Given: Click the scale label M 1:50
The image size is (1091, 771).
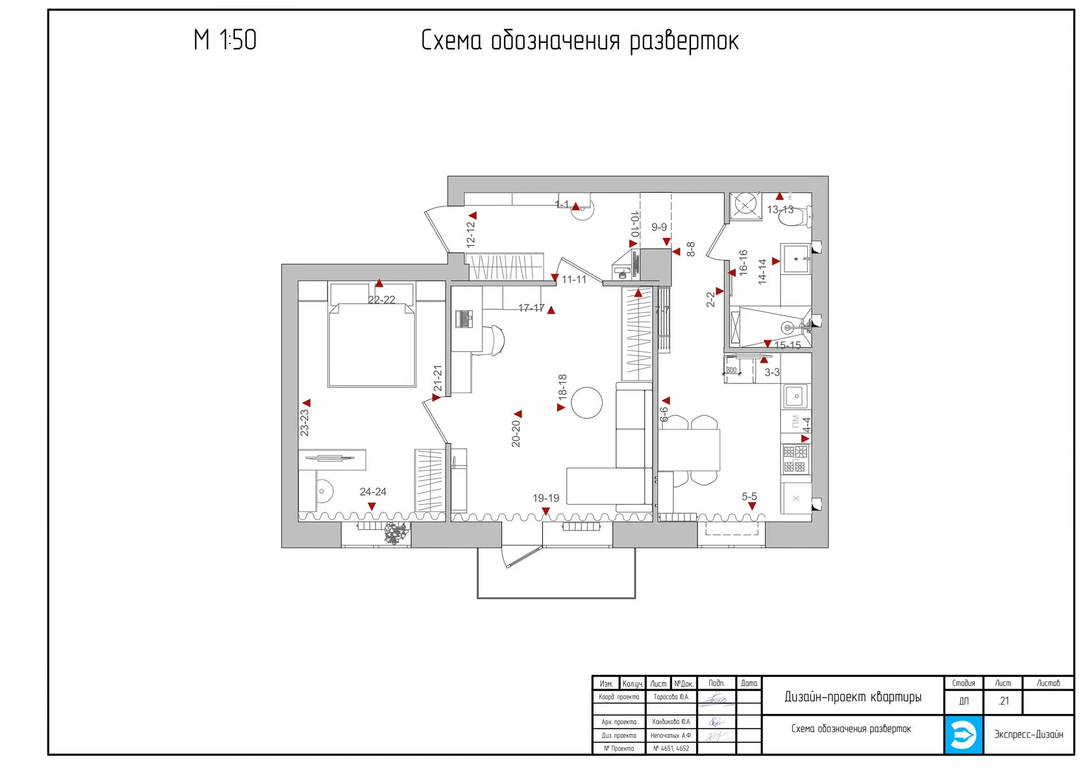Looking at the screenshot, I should click(x=225, y=40).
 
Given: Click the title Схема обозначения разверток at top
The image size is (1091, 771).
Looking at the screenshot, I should click(x=579, y=41).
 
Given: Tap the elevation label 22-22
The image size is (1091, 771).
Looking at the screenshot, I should click(x=381, y=300).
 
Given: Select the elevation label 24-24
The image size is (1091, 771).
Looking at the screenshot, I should click(x=373, y=492).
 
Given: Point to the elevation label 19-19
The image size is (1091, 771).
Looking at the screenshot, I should click(x=545, y=498).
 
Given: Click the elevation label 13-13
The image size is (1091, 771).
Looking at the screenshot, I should click(x=780, y=210).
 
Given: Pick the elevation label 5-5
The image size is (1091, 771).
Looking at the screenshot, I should click(x=749, y=497).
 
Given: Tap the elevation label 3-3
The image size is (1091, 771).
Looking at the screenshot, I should click(x=772, y=373).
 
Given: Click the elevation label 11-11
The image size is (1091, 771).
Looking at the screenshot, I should click(x=574, y=280).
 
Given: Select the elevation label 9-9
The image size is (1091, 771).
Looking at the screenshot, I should click(x=659, y=227).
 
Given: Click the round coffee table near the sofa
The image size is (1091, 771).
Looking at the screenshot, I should click(x=587, y=403).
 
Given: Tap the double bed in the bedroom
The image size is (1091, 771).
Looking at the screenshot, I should click(x=371, y=344).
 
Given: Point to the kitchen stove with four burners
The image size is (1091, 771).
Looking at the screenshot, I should click(x=795, y=459).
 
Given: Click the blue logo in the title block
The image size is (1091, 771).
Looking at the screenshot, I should click(x=963, y=735).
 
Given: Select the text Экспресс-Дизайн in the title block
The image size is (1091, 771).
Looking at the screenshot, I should click(x=1029, y=735).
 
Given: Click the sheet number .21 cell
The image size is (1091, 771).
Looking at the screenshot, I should click(x=1003, y=701).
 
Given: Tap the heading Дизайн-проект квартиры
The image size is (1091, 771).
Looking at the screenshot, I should click(x=853, y=698).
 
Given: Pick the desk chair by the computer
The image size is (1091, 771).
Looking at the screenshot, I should click(x=494, y=340).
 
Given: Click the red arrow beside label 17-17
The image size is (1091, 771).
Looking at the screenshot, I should click(x=551, y=310).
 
